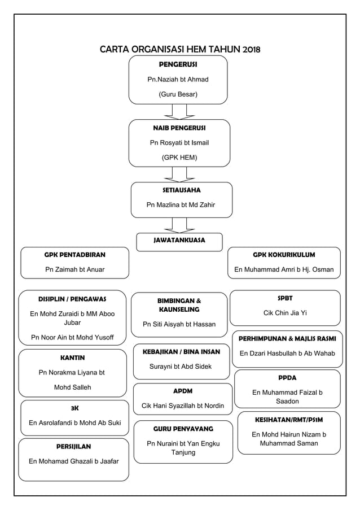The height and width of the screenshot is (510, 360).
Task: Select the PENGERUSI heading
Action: (x=178, y=65)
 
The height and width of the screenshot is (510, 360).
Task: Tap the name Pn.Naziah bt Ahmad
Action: (x=178, y=80)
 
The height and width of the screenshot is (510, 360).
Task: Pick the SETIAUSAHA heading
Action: (x=182, y=190)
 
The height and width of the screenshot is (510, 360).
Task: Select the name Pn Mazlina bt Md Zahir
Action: (x=181, y=205)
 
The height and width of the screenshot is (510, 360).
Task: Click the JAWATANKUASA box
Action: (x=179, y=241)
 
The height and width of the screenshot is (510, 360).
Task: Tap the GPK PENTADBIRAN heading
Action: (x=74, y=255)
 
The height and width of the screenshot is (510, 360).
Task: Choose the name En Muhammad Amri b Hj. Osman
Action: (x=284, y=269)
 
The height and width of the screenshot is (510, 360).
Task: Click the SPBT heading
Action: (x=285, y=298)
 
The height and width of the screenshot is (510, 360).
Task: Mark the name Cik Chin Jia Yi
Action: (x=285, y=312)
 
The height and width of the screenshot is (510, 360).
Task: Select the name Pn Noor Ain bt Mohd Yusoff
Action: (x=72, y=338)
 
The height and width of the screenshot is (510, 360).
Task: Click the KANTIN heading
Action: (x=72, y=358)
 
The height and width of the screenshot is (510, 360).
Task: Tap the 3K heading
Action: (x=74, y=408)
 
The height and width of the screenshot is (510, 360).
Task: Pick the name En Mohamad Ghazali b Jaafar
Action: (x=74, y=461)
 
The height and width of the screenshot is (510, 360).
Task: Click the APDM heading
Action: (x=183, y=391)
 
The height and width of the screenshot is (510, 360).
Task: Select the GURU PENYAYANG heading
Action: (x=183, y=429)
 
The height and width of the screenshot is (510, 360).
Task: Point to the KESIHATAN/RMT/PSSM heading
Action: (x=289, y=420)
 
